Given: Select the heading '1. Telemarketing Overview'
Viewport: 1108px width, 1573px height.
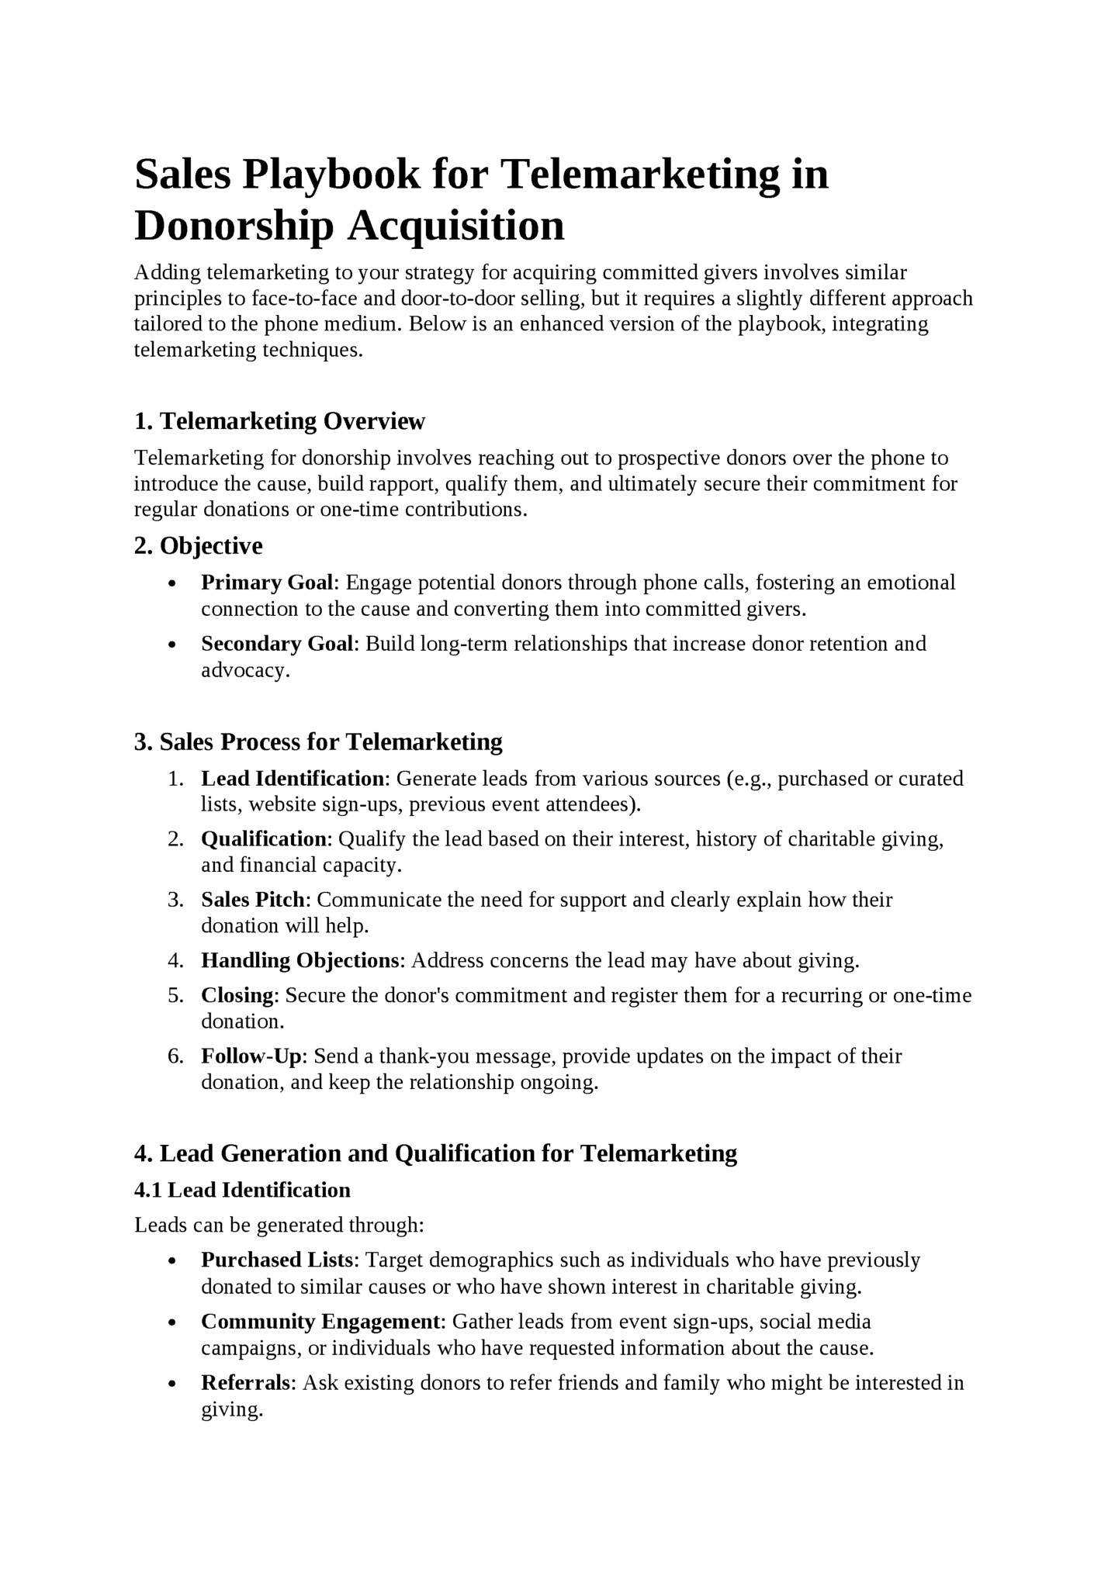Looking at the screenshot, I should click(279, 421).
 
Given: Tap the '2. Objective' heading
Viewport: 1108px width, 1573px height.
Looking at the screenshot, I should click(198, 546).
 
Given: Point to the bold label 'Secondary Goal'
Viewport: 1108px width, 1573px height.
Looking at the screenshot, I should click(277, 644).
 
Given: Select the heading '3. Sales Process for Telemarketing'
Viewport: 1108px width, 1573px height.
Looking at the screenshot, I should click(318, 742).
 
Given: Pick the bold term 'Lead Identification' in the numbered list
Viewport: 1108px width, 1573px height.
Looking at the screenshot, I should click(293, 779).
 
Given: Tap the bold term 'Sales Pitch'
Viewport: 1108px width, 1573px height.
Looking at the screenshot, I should click(255, 900).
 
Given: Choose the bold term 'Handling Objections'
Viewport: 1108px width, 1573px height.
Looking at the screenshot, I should click(300, 961).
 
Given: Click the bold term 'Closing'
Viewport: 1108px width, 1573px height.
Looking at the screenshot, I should click(237, 995).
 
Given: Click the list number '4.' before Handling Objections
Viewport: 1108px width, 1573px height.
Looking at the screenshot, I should click(175, 961).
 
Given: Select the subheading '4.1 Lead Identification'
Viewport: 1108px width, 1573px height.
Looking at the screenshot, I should click(242, 1190).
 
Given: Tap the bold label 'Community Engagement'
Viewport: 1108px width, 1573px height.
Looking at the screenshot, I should click(320, 1322).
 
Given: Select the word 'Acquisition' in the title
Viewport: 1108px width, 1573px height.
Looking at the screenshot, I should click(455, 226).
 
